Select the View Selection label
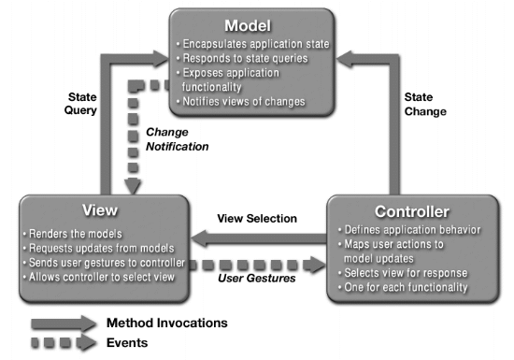pyautogui.click(x=256, y=219)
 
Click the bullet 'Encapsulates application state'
pyautogui.click(x=255, y=42)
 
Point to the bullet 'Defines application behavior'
pyautogui.click(x=408, y=230)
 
